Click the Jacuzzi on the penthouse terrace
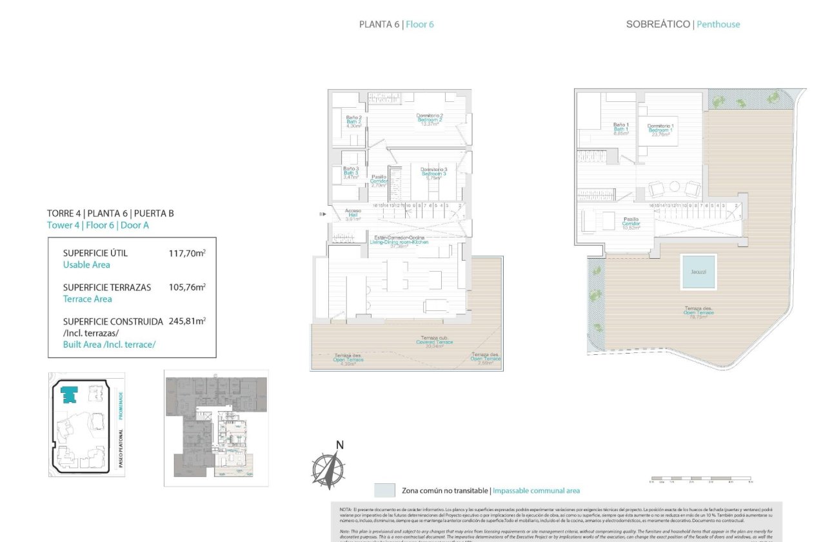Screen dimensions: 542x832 (698, 272)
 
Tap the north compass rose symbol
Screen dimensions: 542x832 (328, 467)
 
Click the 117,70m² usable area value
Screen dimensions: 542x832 (186, 254)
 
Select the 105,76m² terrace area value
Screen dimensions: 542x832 (186, 288)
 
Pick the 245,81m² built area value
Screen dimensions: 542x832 (186, 321)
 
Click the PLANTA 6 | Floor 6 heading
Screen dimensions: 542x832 (396, 25)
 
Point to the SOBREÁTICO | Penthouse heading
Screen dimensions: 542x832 (683, 25)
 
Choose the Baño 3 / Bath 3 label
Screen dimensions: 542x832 (350, 173)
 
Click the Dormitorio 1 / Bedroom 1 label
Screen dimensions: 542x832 (660, 130)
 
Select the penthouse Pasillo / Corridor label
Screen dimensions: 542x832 (631, 223)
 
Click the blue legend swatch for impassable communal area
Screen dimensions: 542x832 (384, 490)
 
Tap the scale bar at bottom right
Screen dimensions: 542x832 (700, 479)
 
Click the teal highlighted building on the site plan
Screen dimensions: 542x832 (68, 393)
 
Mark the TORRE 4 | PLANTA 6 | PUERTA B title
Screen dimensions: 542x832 (110, 214)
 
